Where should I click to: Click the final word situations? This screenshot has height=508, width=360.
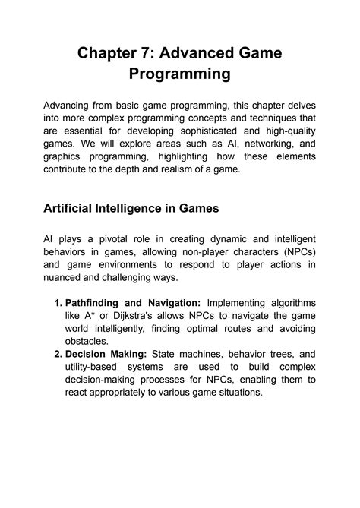[x=235, y=393]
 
